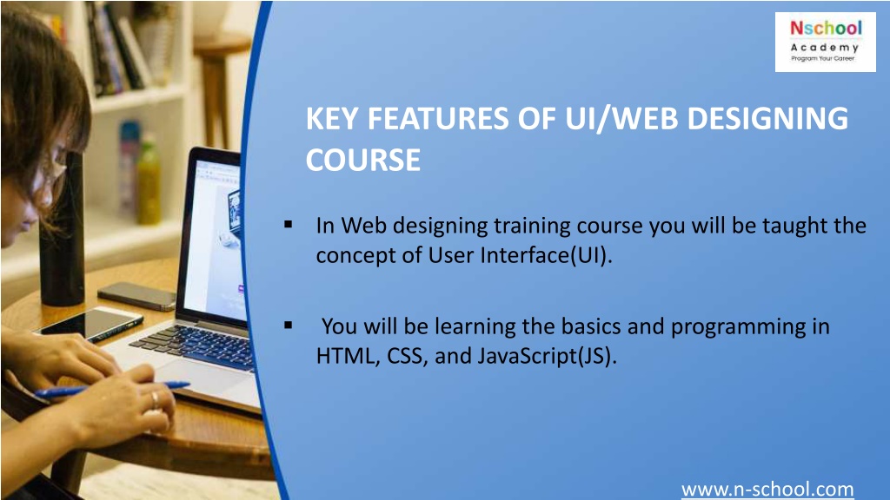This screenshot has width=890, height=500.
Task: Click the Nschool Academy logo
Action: click(825, 42)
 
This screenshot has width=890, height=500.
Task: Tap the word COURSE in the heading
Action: click(362, 161)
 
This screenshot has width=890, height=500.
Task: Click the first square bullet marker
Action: click(287, 226)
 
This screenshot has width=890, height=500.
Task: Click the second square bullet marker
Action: click(287, 326)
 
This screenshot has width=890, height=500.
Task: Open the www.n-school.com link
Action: click(767, 490)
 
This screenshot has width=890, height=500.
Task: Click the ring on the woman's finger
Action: click(155, 398)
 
